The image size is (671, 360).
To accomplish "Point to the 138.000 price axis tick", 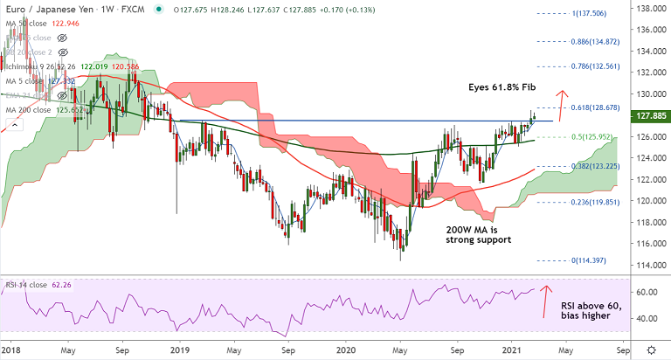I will [x=647, y=8].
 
